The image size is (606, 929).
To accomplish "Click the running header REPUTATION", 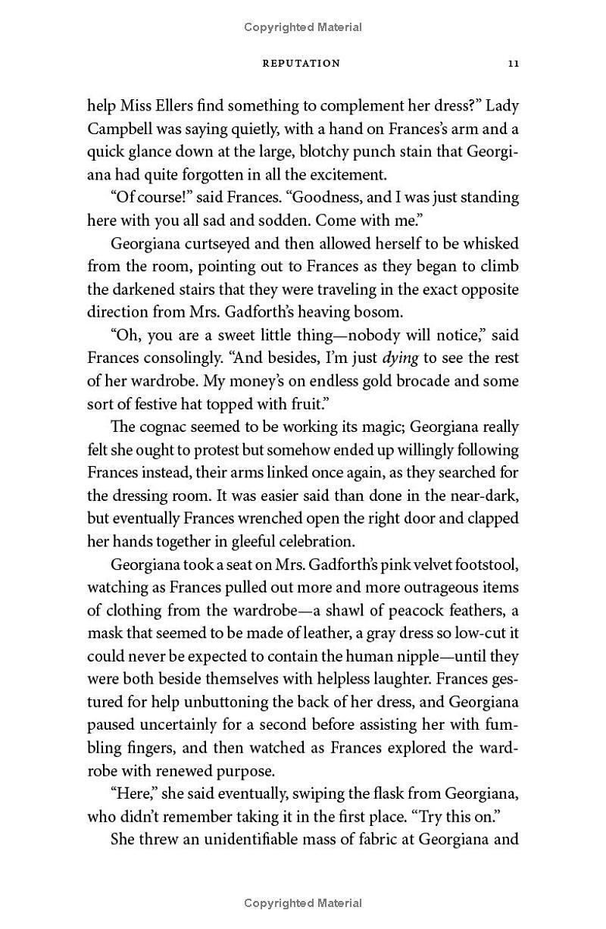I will coord(301,64).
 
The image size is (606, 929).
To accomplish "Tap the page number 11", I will coord(512,64).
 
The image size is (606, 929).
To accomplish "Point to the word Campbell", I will coord(124,129).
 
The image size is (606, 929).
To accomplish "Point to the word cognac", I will coord(171,427).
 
